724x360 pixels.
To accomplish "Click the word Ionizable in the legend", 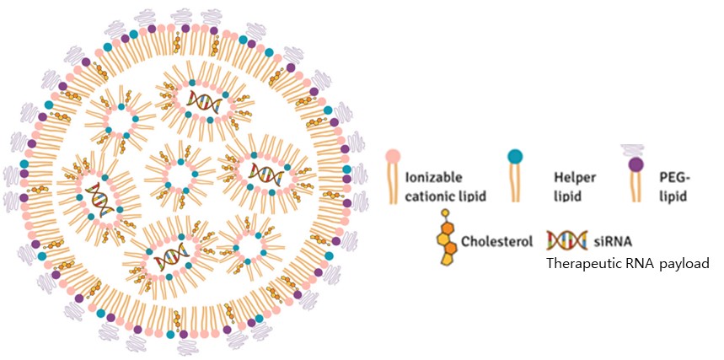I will [x=432, y=179].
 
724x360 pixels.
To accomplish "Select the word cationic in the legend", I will [x=430, y=196].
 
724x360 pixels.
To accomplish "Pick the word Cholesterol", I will [x=497, y=241].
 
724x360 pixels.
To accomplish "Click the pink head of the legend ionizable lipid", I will [x=392, y=158].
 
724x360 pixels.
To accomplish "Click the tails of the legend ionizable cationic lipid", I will [x=392, y=185].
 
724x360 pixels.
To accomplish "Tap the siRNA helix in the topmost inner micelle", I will [x=204, y=102].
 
